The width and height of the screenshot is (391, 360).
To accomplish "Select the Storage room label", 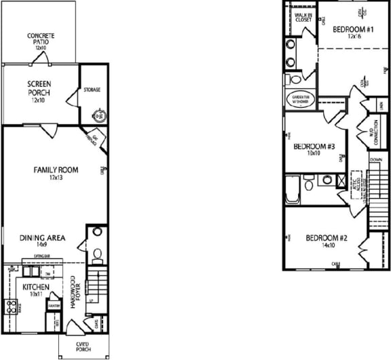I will (92, 89).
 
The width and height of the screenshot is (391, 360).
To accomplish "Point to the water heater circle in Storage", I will (98, 115).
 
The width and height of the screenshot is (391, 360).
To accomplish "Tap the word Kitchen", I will (35, 287).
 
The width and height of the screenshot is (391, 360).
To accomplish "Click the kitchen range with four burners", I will (12, 306).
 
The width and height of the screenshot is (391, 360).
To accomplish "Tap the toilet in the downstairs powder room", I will (97, 254).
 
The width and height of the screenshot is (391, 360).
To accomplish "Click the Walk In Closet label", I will (303, 17).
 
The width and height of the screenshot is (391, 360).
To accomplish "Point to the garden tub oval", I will (301, 99).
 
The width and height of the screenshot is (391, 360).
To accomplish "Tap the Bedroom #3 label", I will (312, 149).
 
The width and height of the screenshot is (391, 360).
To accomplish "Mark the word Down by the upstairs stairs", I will (375, 161).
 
